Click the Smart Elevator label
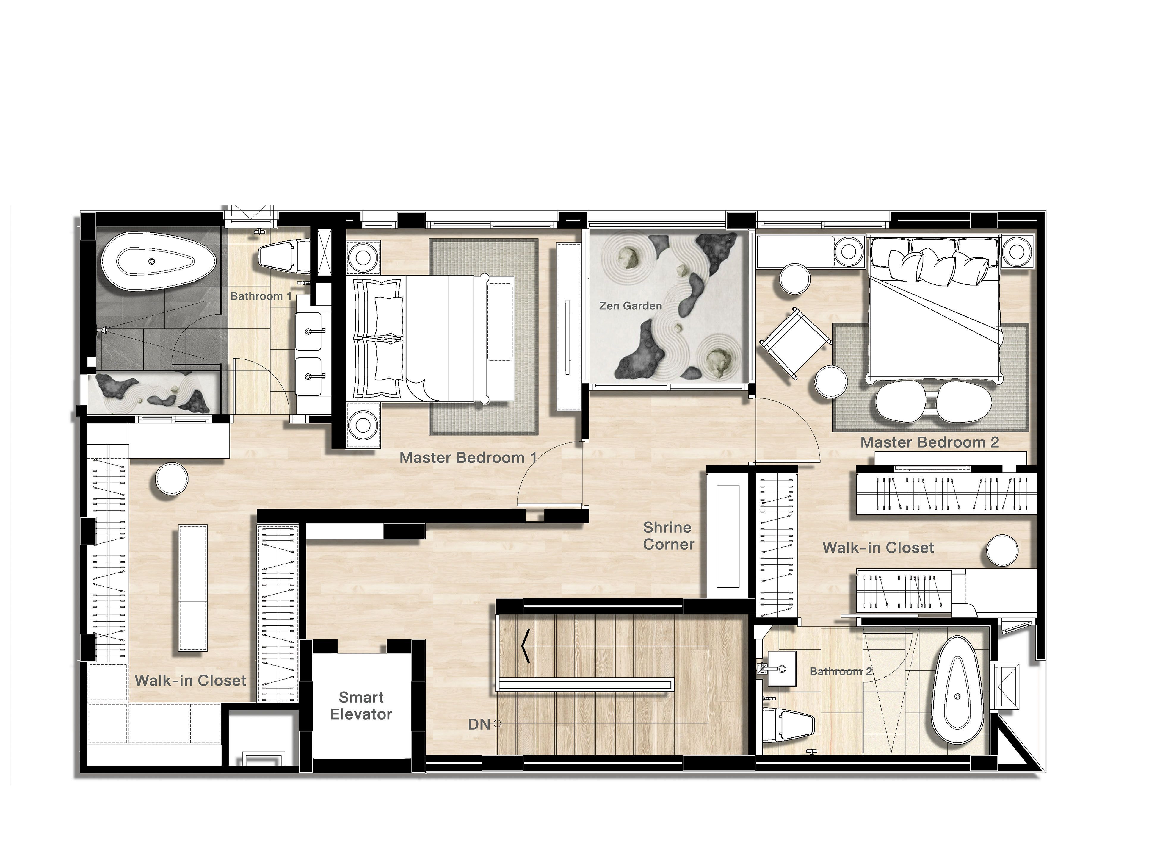point(361,705)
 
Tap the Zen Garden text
point(631,306)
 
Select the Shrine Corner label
point(668,536)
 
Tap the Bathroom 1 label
point(261,296)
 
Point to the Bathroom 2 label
point(841,671)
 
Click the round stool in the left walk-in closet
point(172,479)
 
